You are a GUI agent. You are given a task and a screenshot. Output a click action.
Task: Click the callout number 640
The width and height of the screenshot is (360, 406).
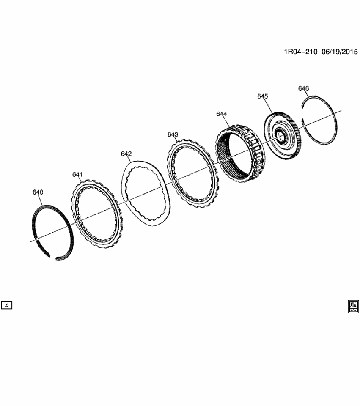pyautogui.click(x=38, y=192)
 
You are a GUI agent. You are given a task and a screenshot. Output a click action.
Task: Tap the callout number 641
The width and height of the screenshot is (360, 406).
pyautogui.click(x=77, y=174)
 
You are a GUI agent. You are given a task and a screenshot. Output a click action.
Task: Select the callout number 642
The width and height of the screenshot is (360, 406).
pyautogui.click(x=126, y=154)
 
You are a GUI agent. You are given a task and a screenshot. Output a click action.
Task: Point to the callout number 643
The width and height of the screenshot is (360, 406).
pyautogui.click(x=173, y=134)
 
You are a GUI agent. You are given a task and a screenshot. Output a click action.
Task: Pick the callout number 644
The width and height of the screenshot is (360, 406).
pyautogui.click(x=222, y=114)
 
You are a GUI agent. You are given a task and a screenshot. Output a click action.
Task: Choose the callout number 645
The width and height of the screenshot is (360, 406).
pyautogui.click(x=263, y=96)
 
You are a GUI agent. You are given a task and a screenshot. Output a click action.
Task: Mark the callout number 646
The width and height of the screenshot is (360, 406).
pyautogui.click(x=303, y=88)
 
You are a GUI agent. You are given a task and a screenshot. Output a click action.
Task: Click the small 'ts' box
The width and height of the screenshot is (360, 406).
pyautogui.click(x=7, y=304)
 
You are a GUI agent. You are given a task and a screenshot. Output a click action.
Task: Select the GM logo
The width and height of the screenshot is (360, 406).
pyautogui.click(x=353, y=307)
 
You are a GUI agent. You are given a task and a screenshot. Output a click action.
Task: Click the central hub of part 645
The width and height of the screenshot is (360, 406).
pyautogui.click(x=280, y=136)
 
